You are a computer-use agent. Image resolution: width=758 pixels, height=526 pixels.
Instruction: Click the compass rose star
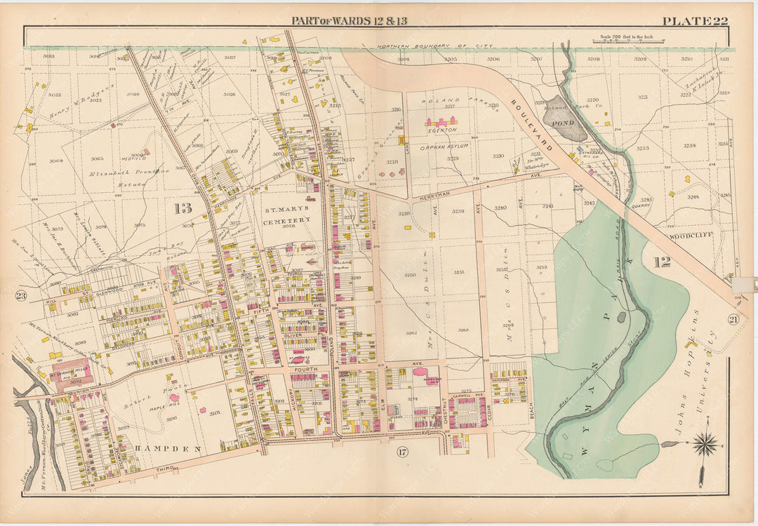click(705, 444)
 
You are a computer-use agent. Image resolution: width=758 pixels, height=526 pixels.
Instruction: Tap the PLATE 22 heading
click(695, 20)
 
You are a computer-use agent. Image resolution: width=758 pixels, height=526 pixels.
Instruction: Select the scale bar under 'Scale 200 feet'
click(630, 43)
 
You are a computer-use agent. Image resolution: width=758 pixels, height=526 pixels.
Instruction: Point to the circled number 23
click(21, 296)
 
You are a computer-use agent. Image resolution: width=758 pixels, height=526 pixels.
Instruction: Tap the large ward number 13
click(183, 208)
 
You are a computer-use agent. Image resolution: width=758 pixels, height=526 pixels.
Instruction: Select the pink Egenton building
click(441, 121)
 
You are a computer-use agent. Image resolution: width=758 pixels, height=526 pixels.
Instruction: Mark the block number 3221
click(642, 97)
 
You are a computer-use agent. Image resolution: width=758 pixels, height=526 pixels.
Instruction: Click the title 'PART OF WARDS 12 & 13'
click(349, 20)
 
